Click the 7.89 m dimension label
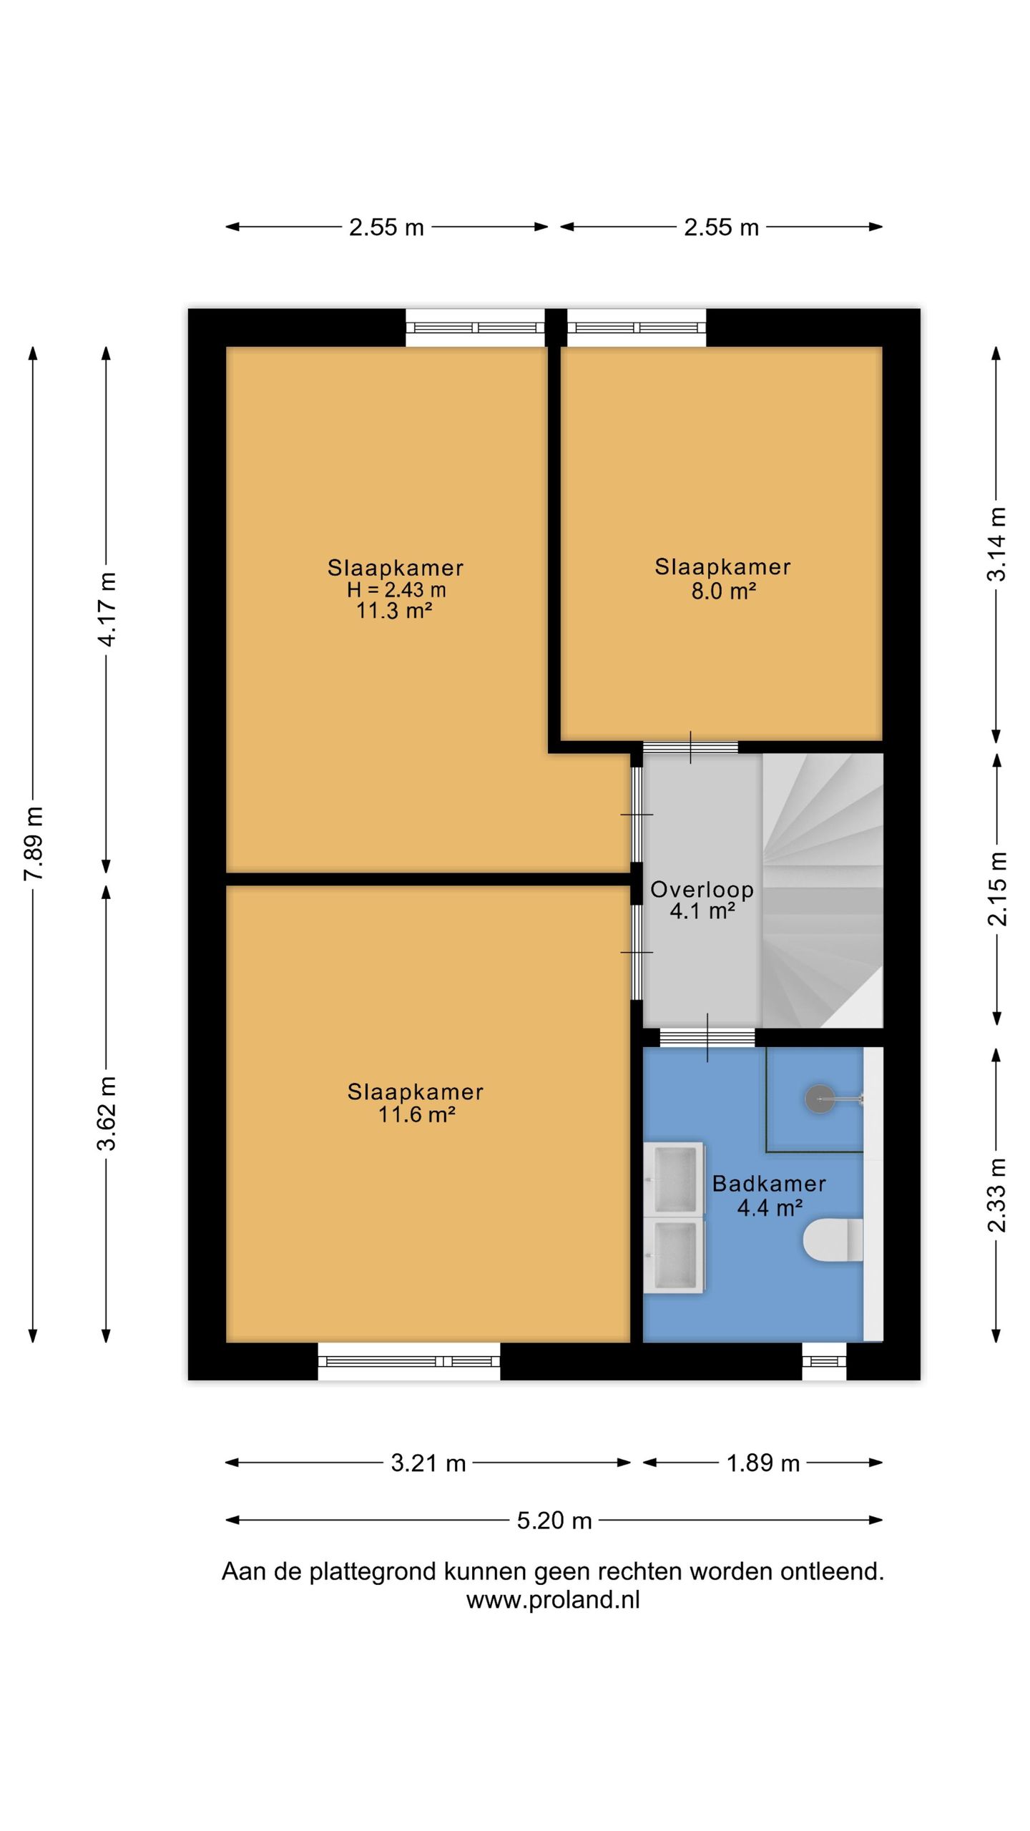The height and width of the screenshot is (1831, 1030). [34, 843]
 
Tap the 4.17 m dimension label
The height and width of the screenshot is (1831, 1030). [107, 609]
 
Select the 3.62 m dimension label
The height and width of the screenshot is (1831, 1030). [107, 1113]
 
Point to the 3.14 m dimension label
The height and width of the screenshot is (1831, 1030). [996, 544]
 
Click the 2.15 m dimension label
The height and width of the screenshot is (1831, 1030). [996, 889]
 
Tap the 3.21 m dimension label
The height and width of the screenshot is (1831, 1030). [428, 1463]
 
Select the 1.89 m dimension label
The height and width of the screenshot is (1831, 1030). [762, 1463]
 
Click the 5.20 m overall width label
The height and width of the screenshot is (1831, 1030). [554, 1520]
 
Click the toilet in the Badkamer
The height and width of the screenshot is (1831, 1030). [833, 1240]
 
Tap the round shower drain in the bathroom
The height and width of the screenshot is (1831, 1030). [819, 1099]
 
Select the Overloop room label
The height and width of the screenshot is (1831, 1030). [702, 889]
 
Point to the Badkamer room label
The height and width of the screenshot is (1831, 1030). [769, 1184]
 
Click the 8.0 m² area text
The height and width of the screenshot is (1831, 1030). [723, 591]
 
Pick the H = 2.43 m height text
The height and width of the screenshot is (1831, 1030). [396, 589]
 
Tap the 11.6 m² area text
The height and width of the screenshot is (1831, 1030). [417, 1114]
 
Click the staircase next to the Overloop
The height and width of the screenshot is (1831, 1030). [823, 890]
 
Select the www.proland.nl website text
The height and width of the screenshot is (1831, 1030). [553, 1599]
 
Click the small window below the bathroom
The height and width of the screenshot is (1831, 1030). [824, 1361]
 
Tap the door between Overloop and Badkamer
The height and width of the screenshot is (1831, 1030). [707, 1037]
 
